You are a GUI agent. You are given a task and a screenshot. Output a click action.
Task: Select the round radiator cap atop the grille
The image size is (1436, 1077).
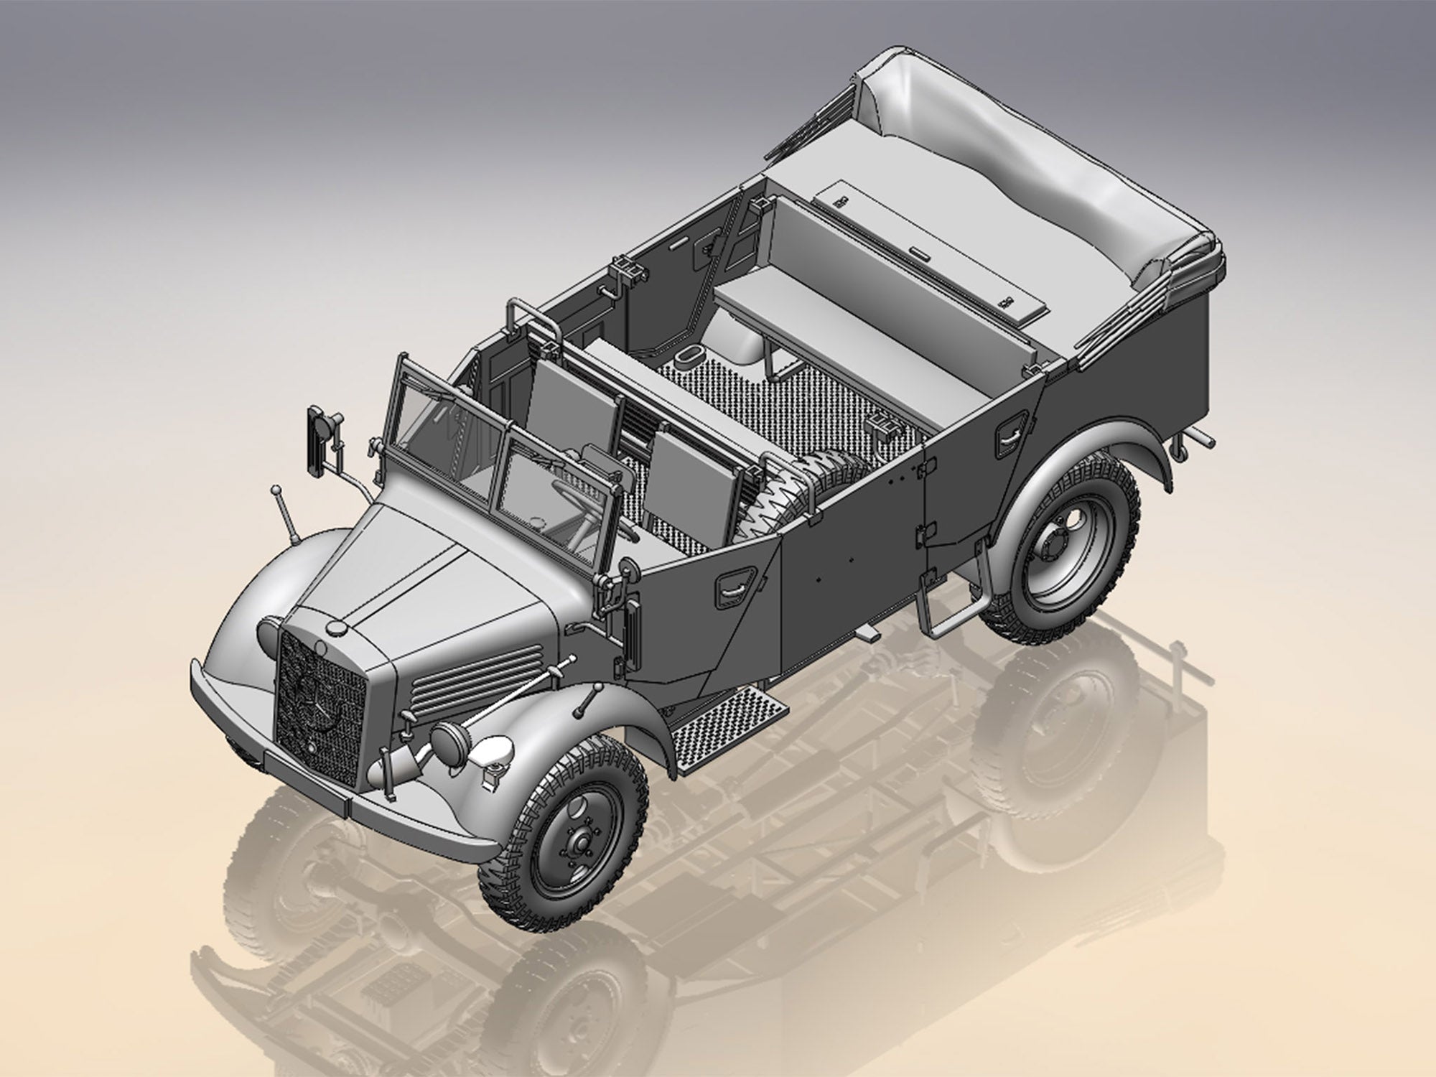[x=335, y=627]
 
